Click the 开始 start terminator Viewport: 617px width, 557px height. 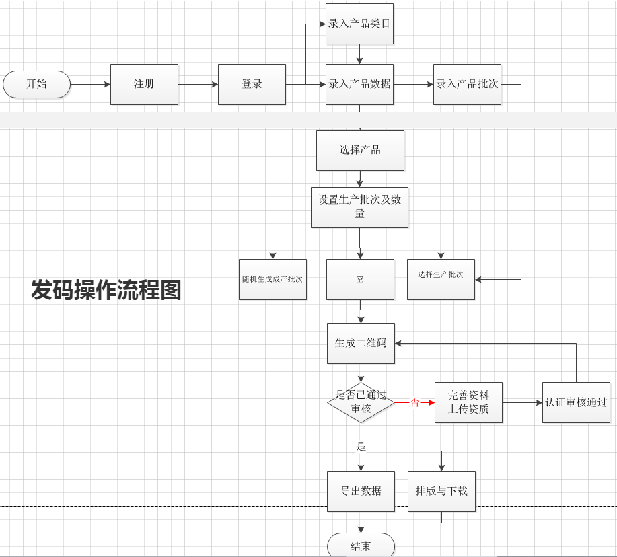click(x=36, y=84)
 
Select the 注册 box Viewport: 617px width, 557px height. click(x=144, y=84)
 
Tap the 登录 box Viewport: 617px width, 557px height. click(x=252, y=84)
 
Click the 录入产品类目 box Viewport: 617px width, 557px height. click(x=359, y=24)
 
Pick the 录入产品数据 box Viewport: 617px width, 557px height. click(x=359, y=84)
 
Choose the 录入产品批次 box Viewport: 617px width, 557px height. click(x=467, y=84)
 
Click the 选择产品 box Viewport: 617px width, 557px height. click(x=360, y=150)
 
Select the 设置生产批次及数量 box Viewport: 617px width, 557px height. click(x=359, y=207)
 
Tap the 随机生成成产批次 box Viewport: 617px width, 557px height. click(x=273, y=279)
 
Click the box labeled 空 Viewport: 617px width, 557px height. click(x=360, y=279)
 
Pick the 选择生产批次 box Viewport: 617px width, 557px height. click(x=441, y=279)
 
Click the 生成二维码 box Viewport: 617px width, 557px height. click(x=361, y=343)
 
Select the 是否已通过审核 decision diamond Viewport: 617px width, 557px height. click(x=361, y=402)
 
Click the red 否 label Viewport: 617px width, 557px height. click(x=414, y=402)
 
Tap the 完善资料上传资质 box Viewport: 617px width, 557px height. click(x=468, y=402)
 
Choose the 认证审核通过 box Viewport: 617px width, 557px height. click(x=576, y=402)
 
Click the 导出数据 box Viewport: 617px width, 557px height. click(x=361, y=491)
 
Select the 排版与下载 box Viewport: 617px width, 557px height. click(x=441, y=491)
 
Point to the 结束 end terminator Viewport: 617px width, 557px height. click(x=361, y=545)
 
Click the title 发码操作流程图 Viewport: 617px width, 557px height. click(x=106, y=290)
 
